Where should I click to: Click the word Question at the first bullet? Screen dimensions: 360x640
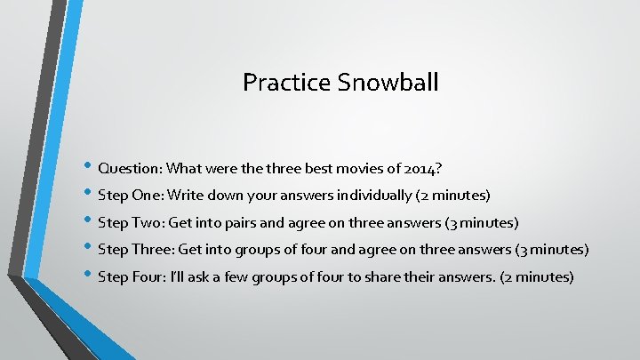[x=129, y=167]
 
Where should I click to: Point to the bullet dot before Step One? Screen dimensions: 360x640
[x=89, y=195]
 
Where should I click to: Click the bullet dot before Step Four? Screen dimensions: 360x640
[x=89, y=276]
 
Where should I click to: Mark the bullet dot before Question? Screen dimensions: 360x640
[x=89, y=167]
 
